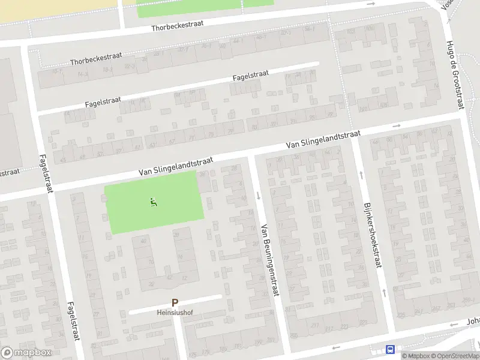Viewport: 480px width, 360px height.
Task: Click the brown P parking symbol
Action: [175, 304]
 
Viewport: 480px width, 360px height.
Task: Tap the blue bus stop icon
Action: [391, 349]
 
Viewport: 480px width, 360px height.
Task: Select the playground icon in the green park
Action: [154, 203]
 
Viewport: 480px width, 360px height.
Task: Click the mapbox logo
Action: [26, 352]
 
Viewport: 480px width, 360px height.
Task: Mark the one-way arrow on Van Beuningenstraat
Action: [258, 195]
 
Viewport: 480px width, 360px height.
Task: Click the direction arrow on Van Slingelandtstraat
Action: [396, 126]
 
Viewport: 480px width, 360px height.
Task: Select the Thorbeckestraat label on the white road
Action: [178, 25]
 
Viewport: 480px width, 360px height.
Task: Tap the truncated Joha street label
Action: [473, 322]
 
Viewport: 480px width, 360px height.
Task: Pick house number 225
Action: [400, 314]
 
